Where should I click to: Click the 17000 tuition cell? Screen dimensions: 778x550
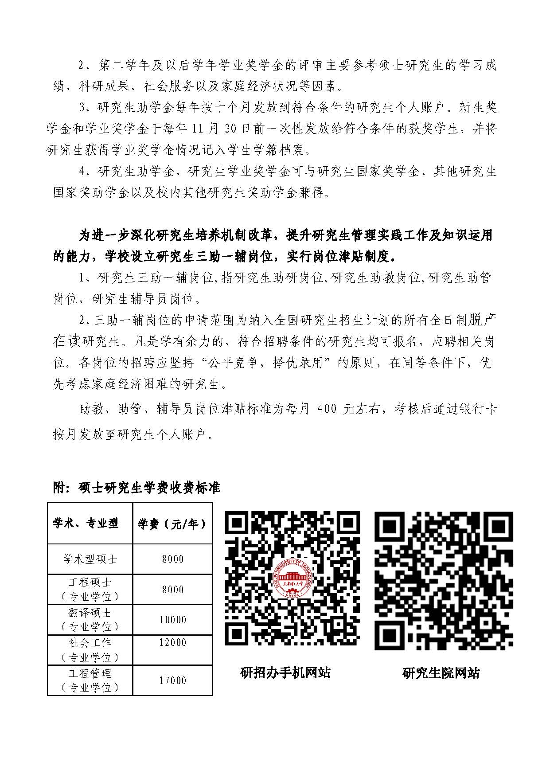click(x=172, y=680)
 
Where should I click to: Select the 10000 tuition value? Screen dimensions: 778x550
click(x=172, y=619)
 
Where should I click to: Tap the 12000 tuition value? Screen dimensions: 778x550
click(x=172, y=642)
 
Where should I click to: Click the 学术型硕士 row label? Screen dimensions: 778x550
click(x=90, y=559)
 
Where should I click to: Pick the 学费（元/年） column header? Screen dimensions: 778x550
click(x=172, y=524)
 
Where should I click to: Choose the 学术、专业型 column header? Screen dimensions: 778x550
click(x=86, y=524)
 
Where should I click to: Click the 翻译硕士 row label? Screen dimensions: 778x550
click(x=90, y=613)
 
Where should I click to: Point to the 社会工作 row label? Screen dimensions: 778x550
click(x=90, y=643)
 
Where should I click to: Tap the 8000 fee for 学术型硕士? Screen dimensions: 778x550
click(x=172, y=559)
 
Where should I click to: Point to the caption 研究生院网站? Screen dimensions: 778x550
click(x=441, y=673)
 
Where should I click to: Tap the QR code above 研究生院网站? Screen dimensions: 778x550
click(x=444, y=581)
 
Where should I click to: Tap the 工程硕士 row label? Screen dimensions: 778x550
click(x=90, y=582)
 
